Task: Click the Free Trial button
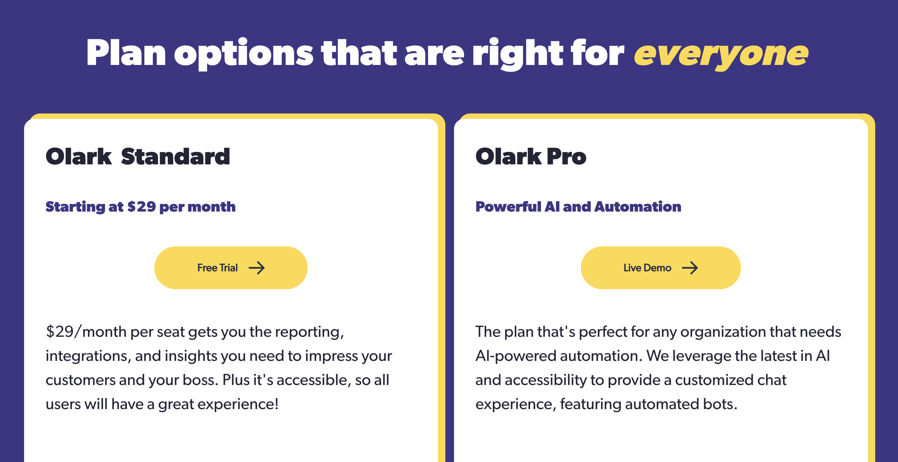[231, 268]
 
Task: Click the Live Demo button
[660, 268]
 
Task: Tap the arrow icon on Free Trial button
[257, 268]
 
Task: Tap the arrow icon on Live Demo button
[690, 268]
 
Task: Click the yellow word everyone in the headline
[721, 54]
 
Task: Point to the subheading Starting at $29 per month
[141, 207]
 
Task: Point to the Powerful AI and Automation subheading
[578, 207]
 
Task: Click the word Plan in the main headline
[126, 53]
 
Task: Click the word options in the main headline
[244, 54]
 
